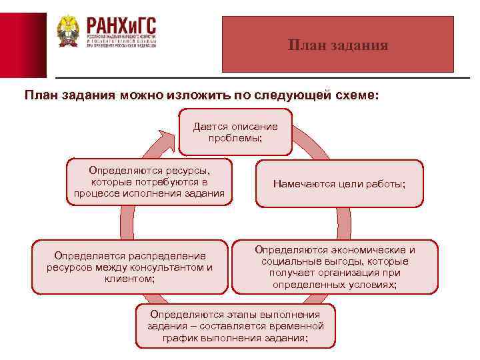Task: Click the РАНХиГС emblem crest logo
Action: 67,31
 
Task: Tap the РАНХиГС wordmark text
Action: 120,26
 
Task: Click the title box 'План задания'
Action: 337,45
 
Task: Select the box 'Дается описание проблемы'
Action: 235,131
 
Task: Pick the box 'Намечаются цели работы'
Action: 339,183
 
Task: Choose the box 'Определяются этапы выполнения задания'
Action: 235,326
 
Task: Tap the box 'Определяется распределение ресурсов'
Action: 129,267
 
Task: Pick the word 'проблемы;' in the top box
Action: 235,138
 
